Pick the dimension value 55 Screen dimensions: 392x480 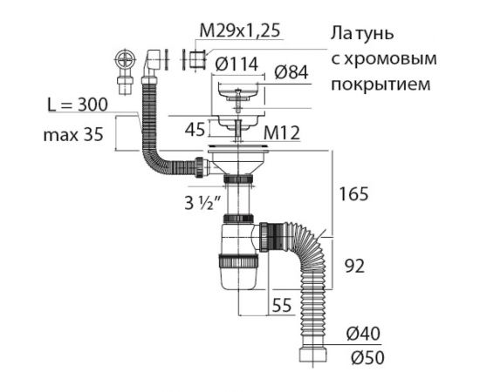point(281,306)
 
